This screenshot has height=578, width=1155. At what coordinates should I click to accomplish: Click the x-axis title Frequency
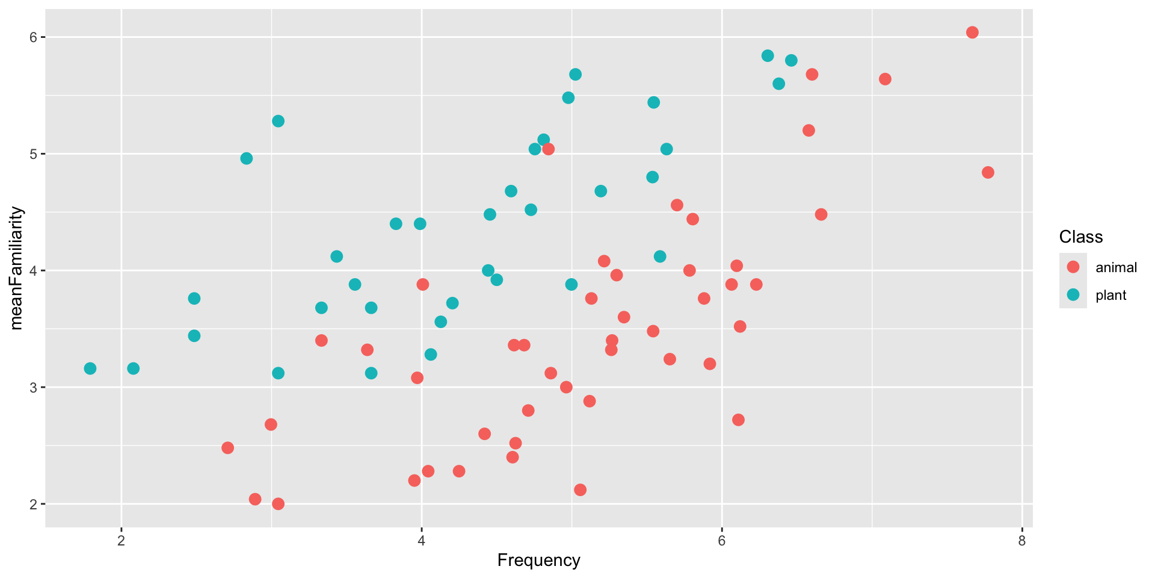click(x=538, y=561)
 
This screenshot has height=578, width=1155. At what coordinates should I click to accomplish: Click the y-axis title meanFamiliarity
click(x=16, y=268)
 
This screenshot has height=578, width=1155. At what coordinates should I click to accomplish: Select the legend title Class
click(x=1080, y=237)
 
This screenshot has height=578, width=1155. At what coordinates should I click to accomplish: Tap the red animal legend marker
click(x=1073, y=267)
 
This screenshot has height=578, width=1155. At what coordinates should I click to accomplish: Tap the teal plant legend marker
click(x=1073, y=295)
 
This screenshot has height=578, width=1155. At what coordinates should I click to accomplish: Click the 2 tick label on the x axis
click(x=122, y=541)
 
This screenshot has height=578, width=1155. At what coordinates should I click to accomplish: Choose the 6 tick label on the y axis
click(x=34, y=37)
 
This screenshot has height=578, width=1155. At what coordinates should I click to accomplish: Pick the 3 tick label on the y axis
click(x=34, y=387)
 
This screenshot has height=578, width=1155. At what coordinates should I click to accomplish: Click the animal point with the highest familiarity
click(x=972, y=33)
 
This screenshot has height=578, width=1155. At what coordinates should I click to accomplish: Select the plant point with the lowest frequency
click(x=90, y=368)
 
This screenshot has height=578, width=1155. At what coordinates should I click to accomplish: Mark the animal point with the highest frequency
click(x=988, y=172)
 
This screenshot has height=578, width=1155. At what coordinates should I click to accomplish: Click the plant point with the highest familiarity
click(x=768, y=56)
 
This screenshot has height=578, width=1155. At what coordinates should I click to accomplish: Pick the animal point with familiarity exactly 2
click(x=278, y=504)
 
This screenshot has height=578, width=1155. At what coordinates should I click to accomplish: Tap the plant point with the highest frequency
click(x=791, y=60)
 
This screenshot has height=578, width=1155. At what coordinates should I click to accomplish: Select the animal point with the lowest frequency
click(x=227, y=448)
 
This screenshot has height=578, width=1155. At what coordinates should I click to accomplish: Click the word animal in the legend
click(x=1116, y=267)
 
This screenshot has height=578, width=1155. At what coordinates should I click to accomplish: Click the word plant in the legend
click(x=1110, y=296)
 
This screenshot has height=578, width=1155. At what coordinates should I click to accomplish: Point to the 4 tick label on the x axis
click(x=421, y=541)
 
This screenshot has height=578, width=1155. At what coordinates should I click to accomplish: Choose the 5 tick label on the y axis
click(x=34, y=154)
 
